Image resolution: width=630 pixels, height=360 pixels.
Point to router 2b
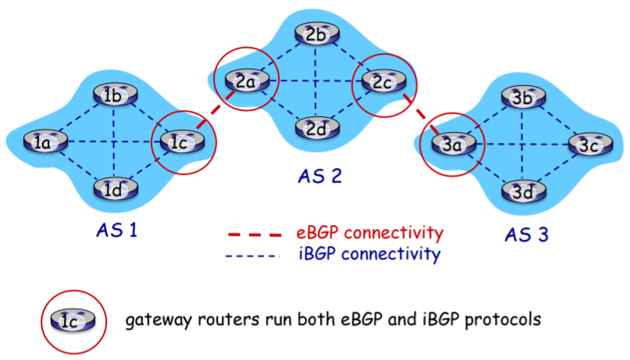[x=315, y=35]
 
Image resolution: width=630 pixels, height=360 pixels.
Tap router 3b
[x=521, y=98]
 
